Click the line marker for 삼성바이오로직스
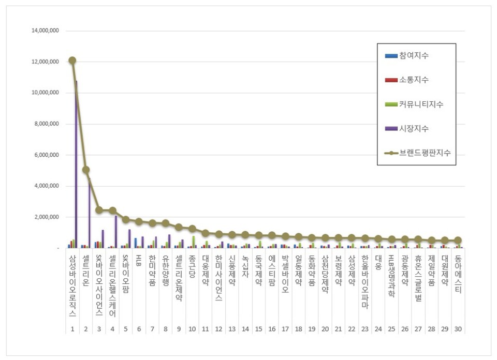[x=72, y=61]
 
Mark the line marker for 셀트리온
[x=86, y=170]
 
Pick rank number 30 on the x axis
[x=458, y=329]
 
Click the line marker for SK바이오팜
[x=126, y=219]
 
